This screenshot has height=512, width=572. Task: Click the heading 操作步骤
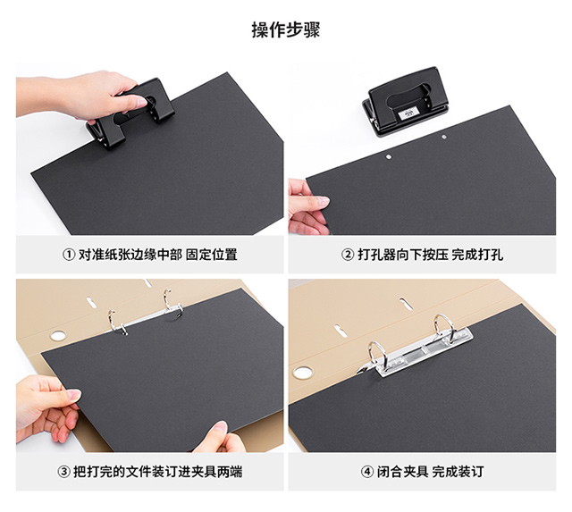(286, 29)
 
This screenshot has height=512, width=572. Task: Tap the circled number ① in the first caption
(69, 255)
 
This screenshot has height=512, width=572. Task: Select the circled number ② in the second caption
(348, 255)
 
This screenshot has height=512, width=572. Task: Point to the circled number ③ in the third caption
(63, 472)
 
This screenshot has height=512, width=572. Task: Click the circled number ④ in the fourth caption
(367, 472)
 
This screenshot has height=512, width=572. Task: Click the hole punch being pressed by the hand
(130, 113)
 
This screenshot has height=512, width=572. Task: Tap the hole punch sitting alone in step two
(406, 100)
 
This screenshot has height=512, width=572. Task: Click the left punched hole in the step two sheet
(389, 156)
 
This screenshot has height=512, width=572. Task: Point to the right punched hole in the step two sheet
(444, 137)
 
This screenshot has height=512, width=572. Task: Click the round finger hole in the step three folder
(57, 335)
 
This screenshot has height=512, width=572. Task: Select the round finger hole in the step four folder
(302, 373)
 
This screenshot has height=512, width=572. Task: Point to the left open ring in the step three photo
(113, 321)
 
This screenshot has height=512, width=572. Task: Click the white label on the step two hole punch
(407, 114)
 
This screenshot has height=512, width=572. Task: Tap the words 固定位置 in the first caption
(212, 255)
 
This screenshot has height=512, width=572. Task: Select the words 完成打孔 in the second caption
(477, 255)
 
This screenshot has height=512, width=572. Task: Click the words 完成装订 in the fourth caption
(458, 472)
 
